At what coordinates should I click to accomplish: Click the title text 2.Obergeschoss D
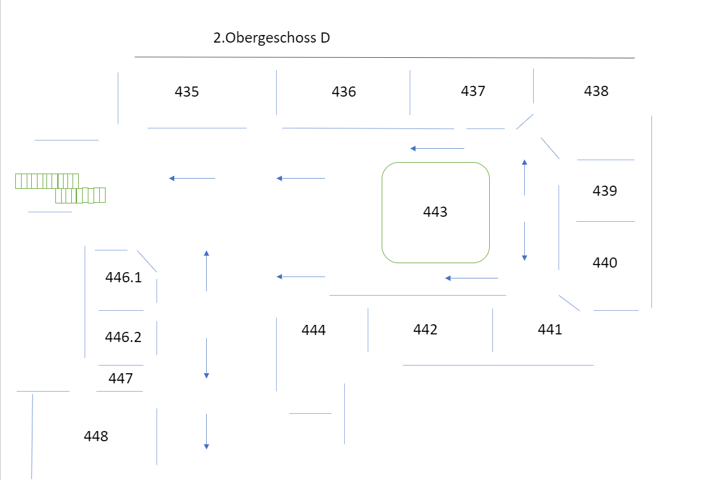pos(272,38)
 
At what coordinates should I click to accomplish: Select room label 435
pos(187,92)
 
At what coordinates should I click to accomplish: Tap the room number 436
pos(344,92)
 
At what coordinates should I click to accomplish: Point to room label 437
pos(473,91)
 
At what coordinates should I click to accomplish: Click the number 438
pos(596,91)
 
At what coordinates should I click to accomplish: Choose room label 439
pos(605,191)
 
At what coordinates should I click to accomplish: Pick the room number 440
pos(605,263)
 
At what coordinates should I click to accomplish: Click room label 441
pos(550,329)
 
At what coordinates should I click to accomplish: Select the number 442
pos(426,329)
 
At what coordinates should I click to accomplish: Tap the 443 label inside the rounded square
pos(436,212)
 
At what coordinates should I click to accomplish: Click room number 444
pos(314,330)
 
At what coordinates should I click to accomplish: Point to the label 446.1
pos(123,277)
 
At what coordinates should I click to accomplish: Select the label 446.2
pos(123,337)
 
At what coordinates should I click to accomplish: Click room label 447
pos(121,379)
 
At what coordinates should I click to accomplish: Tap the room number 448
pos(96,436)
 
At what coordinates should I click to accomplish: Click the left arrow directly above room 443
pos(438,148)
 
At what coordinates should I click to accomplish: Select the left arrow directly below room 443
pos(472,278)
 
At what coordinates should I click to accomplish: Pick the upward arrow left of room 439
pos(524,177)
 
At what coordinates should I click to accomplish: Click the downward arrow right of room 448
pos(206,432)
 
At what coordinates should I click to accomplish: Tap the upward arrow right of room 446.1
pos(206,271)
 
